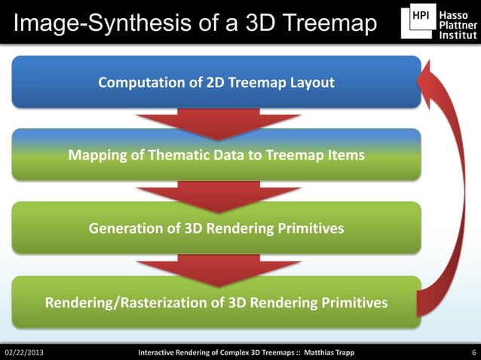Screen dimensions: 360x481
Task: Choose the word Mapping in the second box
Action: click(96, 156)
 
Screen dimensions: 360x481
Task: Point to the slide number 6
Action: click(472, 352)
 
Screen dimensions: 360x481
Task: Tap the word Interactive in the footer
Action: click(161, 352)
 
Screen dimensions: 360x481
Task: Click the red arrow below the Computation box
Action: click(218, 123)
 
